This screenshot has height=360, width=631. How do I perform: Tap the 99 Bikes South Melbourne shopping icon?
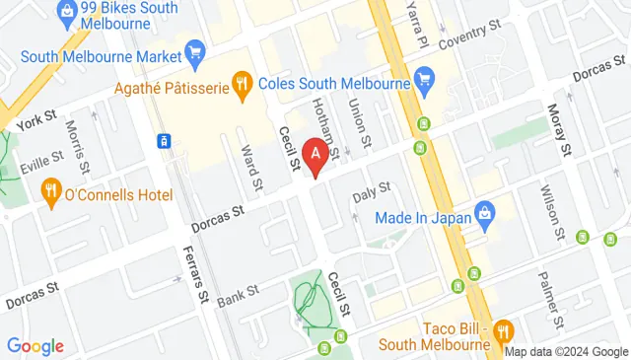click(67, 13)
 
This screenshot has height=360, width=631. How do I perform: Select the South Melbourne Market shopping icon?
click(194, 52)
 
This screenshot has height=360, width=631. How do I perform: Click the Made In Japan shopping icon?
click(484, 212)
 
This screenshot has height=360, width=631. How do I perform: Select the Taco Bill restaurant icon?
click(503, 330)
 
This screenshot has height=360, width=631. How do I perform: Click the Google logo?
click(35, 346)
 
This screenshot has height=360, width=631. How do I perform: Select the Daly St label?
click(372, 192)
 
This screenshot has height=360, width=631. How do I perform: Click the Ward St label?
click(252, 168)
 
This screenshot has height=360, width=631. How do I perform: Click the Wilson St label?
click(547, 214)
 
